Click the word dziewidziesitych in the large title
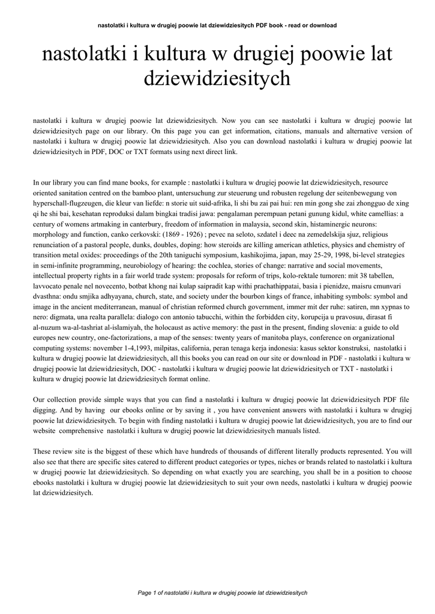coord(217,78)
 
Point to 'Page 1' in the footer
coord(150,592)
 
